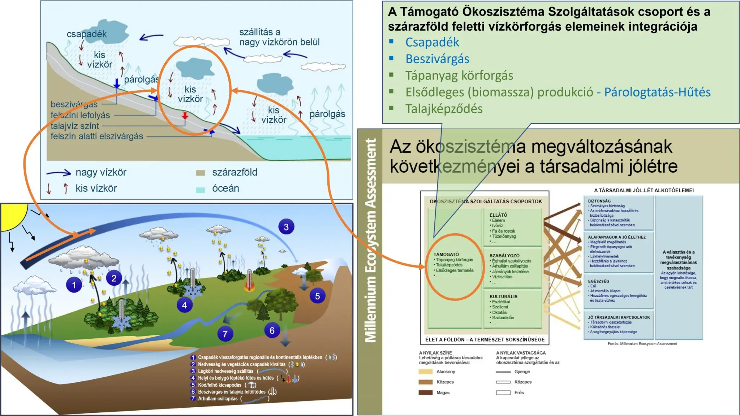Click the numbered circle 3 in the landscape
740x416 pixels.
pos(286,227)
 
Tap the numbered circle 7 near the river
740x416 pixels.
pos(225,334)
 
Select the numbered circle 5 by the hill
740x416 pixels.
pos(317,296)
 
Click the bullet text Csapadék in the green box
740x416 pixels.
pos(432,42)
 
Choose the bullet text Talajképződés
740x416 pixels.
pos(444,109)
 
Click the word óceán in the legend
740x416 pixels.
pos(225,188)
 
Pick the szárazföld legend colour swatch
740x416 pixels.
pos(200,173)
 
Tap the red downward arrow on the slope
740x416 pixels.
pos(185,116)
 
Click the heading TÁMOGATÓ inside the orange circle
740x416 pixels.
pos(446,254)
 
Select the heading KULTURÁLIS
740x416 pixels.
pos(503,296)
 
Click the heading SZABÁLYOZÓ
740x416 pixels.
pos(504,255)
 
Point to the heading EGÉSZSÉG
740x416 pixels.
pos(598,281)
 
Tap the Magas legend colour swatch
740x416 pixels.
pos(425,393)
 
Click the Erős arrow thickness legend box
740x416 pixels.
pos(503,393)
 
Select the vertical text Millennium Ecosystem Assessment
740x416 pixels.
pos(370,240)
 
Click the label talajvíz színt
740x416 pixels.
pos(75,126)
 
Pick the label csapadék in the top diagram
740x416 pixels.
pos(87,34)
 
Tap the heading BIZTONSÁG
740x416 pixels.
pos(599,201)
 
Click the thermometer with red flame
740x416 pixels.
pos(249,280)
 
